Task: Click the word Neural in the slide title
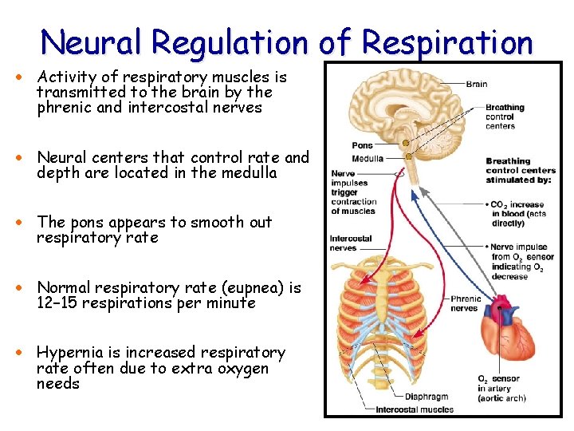[87, 42]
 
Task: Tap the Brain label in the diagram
[477, 84]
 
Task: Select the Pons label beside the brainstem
[362, 146]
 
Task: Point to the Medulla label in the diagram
[368, 157]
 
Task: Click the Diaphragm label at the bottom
[427, 397]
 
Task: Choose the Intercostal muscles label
[415, 409]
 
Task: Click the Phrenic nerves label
[466, 303]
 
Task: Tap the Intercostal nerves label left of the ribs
[351, 243]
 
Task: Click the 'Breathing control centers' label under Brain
[505, 117]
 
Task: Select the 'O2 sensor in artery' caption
[499, 389]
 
